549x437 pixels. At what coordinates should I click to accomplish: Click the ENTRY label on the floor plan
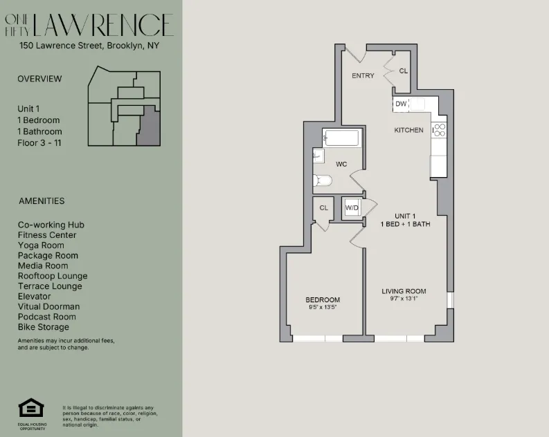[x=363, y=75]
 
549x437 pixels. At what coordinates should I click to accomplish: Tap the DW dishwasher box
[x=401, y=104]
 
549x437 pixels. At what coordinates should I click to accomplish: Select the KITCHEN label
[x=408, y=130]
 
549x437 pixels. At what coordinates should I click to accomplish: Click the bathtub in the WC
[x=341, y=138]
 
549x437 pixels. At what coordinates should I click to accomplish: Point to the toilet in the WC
[x=323, y=181]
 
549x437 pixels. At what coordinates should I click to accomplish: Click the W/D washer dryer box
[x=352, y=207]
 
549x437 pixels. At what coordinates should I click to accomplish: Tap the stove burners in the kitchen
[x=438, y=129]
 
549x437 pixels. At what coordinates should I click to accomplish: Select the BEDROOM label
[x=323, y=299]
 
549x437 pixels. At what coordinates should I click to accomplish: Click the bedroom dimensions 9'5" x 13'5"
[x=323, y=308]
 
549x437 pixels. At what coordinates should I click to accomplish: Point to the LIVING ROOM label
[x=404, y=291]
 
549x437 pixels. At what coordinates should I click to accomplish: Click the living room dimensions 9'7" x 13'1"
[x=404, y=299]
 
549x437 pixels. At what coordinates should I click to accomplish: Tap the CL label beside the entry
[x=403, y=71]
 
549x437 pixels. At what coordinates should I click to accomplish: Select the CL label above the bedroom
[x=323, y=207]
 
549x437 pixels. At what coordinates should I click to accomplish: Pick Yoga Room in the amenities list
[x=41, y=245]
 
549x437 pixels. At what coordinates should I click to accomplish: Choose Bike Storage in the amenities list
[x=44, y=327]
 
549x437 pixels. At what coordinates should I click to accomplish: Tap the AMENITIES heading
[x=41, y=201]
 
